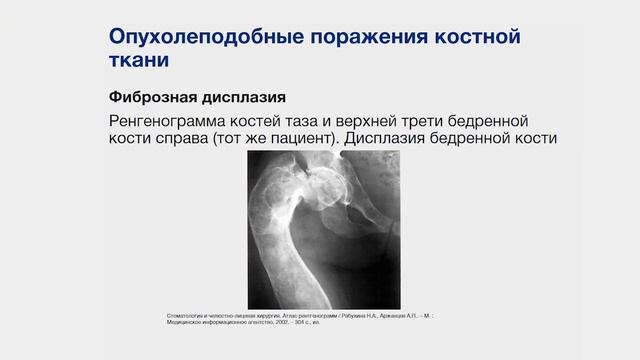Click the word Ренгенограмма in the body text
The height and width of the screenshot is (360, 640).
(176, 120)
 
